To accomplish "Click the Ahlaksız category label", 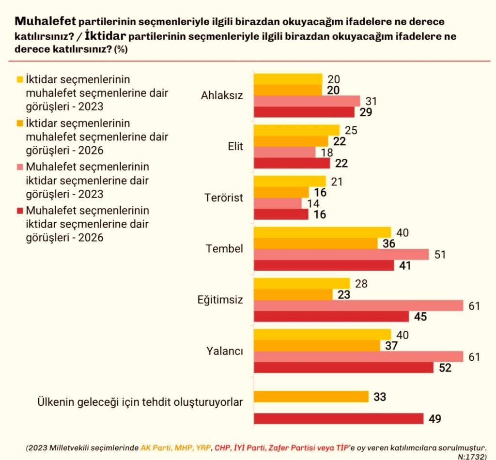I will [222, 95].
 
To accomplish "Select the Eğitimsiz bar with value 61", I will [358, 305].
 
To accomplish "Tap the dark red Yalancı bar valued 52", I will [343, 368].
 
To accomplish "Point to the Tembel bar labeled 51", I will [341, 254].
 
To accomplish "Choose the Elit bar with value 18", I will [284, 152].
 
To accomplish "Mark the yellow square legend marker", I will [20, 79].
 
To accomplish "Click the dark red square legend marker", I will [20, 211].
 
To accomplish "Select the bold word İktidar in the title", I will [105, 36].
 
